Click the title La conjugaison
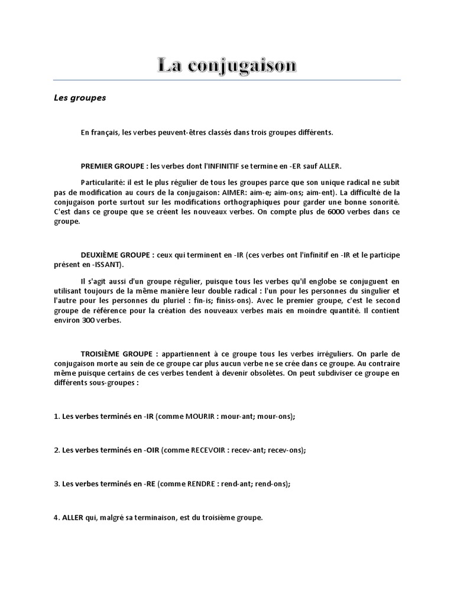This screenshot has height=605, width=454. tap(226, 65)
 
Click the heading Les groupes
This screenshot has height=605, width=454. tap(79, 98)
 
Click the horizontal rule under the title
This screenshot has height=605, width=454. tap(226, 80)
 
